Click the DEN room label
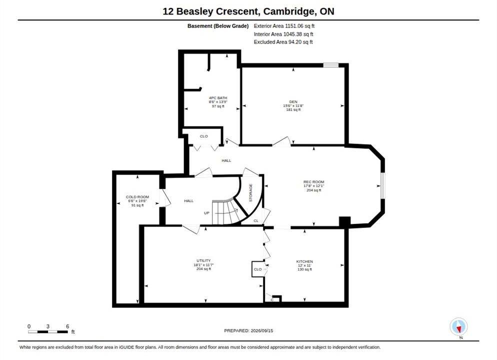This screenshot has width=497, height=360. click(293, 101)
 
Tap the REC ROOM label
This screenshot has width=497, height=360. click(314, 182)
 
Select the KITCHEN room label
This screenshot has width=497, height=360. click(304, 261)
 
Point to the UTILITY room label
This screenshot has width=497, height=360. click(203, 260)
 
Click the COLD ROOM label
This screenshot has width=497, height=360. click(137, 197)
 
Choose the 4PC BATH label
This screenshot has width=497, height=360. click(218, 98)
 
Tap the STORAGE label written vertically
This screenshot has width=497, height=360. click(250, 192)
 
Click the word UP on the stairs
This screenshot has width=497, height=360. click(206, 213)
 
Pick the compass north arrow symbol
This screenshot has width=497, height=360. click(458, 326)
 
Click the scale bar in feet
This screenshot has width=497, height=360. click(48, 332)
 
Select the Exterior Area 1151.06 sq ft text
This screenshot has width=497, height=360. click(284, 26)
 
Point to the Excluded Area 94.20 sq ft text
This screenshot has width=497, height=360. click(283, 42)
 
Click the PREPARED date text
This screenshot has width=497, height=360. click(248, 330)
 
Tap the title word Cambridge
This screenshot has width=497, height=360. click(289, 11)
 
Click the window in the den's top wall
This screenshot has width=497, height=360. click(331, 65)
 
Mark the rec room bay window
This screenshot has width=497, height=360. click(383, 185)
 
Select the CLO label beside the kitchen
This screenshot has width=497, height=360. click(257, 269)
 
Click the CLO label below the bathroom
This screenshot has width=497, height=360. click(204, 136)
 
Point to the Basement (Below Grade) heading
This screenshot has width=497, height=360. click(218, 26)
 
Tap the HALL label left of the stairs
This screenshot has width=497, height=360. click(188, 200)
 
